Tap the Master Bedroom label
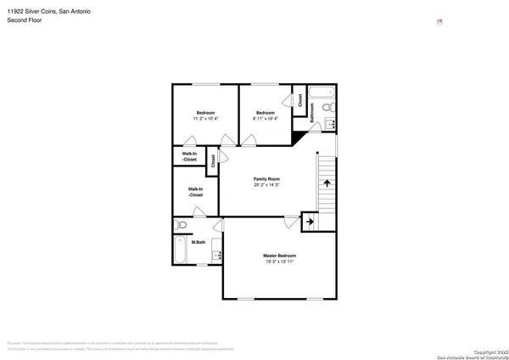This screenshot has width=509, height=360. pos(279,259)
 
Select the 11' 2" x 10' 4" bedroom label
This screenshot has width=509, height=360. pos(205,116)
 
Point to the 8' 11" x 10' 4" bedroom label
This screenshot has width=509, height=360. pos(266,116)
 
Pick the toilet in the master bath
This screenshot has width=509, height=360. pos(181,226)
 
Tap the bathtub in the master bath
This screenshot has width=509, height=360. pos(179,251)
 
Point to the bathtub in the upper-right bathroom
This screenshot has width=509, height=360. pos(323,92)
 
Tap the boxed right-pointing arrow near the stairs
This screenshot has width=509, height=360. pos(310,222)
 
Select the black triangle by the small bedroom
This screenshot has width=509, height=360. pos(297,135)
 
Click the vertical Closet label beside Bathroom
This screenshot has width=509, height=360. pos(300,99)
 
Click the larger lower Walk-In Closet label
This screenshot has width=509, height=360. pos(195,192)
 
